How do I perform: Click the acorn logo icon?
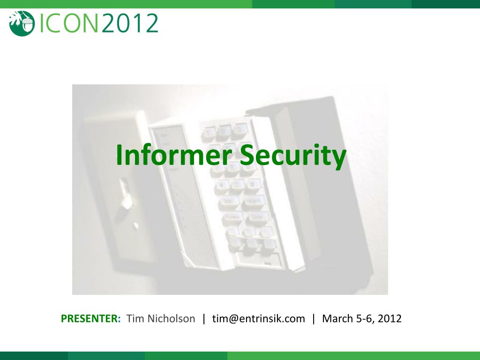point(22,23)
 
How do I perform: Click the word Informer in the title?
point(174,156)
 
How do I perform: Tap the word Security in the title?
point(292,156)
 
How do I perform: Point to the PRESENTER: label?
point(91,319)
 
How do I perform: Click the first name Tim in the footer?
point(135,319)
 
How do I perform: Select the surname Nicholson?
point(171,319)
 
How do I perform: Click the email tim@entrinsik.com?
point(258,319)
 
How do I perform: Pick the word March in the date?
point(337,319)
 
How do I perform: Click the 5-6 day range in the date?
point(365,319)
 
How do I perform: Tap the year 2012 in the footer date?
point(390,319)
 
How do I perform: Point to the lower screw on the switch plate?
point(135,226)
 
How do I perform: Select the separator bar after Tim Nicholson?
point(204,319)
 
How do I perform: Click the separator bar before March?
point(314,319)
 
